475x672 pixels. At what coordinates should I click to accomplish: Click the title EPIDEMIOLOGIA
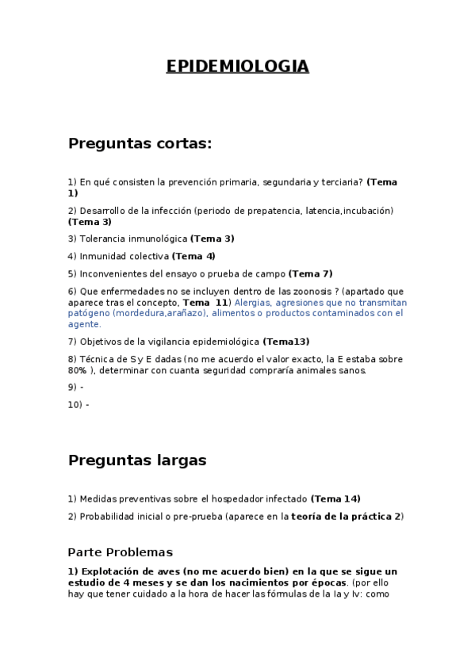[237, 67]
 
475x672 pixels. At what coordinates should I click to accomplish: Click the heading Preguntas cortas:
[140, 143]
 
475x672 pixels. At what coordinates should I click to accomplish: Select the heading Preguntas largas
[137, 460]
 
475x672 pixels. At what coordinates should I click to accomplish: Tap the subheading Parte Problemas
[120, 552]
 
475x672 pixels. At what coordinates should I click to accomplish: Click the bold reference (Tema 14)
[335, 498]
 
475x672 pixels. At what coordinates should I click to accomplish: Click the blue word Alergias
[251, 303]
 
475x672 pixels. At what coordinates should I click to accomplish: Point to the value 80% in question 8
[77, 370]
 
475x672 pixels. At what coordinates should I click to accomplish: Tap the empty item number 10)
[75, 404]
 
